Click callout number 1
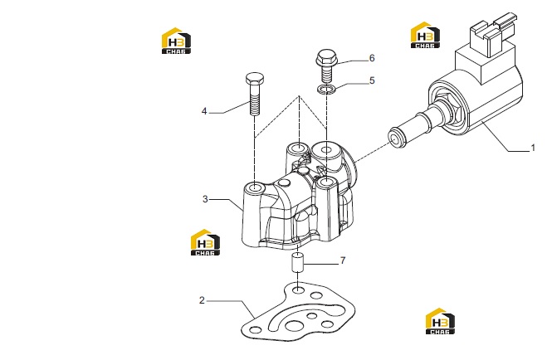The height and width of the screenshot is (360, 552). pyautogui.click(x=533, y=148)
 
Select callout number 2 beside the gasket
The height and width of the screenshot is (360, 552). pyautogui.click(x=202, y=300)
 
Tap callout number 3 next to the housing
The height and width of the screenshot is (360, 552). pyautogui.click(x=205, y=199)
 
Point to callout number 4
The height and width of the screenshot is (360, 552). pyautogui.click(x=204, y=111)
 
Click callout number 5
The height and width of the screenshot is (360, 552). pyautogui.click(x=372, y=80)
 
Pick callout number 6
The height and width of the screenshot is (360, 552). pyautogui.click(x=372, y=58)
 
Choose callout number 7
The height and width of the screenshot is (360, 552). pyautogui.click(x=343, y=260)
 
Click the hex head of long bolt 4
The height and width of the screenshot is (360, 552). pyautogui.click(x=255, y=79)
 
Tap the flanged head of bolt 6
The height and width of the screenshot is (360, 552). pyautogui.click(x=327, y=58)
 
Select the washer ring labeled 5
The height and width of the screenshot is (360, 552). pyautogui.click(x=326, y=90)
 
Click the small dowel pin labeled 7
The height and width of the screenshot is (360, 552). pyautogui.click(x=298, y=262)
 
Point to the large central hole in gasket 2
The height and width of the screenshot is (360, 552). pyautogui.click(x=293, y=325)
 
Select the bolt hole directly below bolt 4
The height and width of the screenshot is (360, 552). pyautogui.click(x=253, y=187)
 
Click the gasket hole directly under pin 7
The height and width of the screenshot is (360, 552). pyautogui.click(x=298, y=290)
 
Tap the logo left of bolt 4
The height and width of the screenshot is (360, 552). pyautogui.click(x=176, y=41)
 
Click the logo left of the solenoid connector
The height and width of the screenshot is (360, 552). pyautogui.click(x=425, y=35)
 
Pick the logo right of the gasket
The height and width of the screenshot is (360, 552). pyautogui.click(x=440, y=321)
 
